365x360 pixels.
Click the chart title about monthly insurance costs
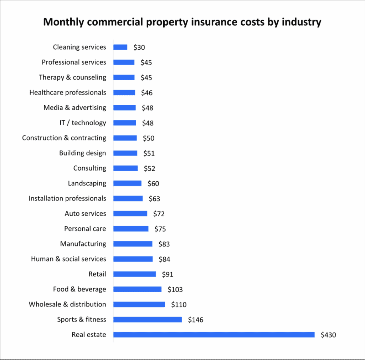tap(182, 22)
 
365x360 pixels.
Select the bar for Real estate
tap(214, 335)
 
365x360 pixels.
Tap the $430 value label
tap(328, 335)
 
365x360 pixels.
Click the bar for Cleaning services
tap(120, 47)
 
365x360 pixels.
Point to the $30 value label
tap(139, 47)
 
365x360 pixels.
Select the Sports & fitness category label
tap(82, 319)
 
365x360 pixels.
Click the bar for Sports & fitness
tap(148, 320)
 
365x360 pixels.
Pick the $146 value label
tap(196, 320)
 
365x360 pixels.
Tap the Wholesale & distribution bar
tap(139, 304)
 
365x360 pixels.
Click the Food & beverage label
tap(79, 289)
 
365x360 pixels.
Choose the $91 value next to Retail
tap(168, 274)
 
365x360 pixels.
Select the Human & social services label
tap(68, 259)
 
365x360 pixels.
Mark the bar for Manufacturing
tap(133, 244)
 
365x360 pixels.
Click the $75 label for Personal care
tap(160, 229)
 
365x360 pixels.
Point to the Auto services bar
tap(130, 214)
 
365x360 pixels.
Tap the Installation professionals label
tap(67, 198)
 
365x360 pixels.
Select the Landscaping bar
tap(127, 183)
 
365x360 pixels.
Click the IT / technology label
tap(83, 123)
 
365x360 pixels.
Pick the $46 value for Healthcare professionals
tap(146, 93)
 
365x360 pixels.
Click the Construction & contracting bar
tap(125, 138)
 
